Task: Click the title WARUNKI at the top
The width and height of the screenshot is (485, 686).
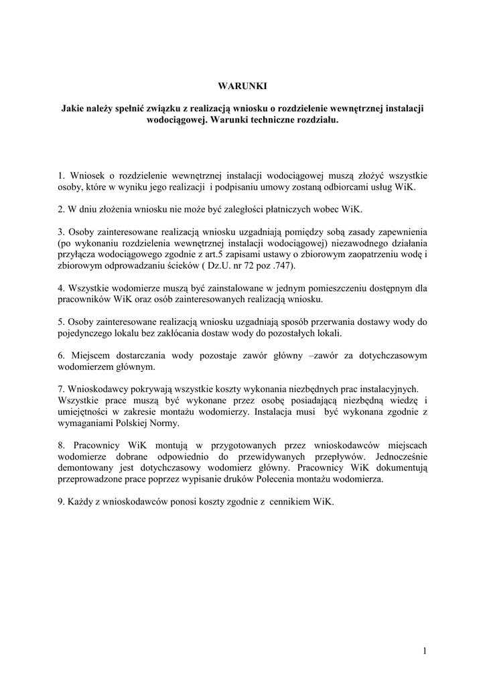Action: [x=242, y=86]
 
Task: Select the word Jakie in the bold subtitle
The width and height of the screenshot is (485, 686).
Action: [x=73, y=108]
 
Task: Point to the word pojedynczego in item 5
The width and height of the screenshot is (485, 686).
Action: [x=85, y=333]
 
